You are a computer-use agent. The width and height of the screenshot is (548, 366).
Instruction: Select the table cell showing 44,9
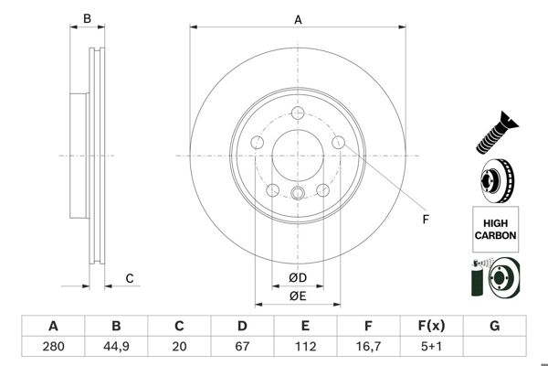(116, 347)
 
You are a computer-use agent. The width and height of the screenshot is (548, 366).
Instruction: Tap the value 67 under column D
(242, 347)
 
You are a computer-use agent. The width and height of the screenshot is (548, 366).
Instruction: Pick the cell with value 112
(305, 347)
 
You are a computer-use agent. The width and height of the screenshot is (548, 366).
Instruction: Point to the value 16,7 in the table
(368, 347)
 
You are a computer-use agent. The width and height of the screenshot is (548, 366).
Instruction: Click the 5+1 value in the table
(431, 347)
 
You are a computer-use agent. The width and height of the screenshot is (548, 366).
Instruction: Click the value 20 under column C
(179, 347)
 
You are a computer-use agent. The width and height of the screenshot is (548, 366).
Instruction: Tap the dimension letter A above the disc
(298, 18)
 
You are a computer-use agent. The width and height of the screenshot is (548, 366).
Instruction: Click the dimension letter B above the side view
(88, 18)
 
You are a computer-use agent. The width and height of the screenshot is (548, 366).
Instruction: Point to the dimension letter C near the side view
(130, 278)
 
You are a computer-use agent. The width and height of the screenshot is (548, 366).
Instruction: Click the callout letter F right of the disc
(425, 220)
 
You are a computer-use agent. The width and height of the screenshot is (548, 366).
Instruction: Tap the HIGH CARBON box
(495, 229)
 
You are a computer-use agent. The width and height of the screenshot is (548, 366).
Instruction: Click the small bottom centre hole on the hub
(298, 193)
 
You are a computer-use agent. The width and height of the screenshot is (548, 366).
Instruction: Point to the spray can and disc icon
(494, 278)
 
